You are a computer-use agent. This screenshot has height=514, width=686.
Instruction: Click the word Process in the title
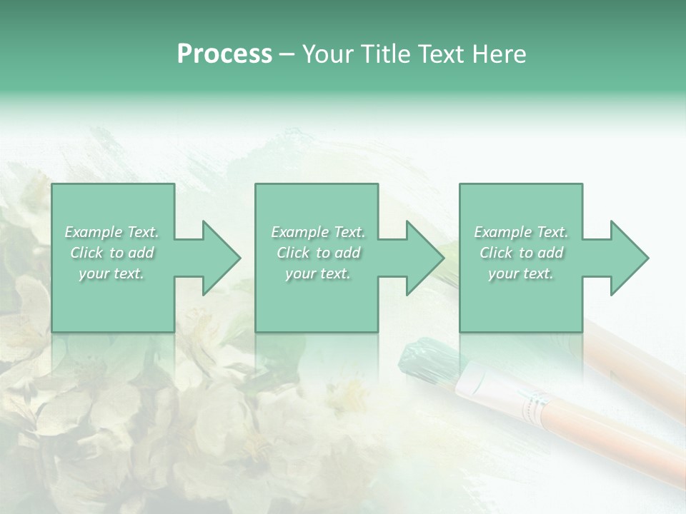click(224, 54)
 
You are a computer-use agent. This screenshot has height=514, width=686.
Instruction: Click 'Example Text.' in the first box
click(111, 232)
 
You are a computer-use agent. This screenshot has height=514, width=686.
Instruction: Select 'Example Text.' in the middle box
click(318, 232)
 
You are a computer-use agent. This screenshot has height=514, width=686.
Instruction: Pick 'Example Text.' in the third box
click(521, 232)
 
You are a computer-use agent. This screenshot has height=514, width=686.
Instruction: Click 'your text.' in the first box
click(111, 273)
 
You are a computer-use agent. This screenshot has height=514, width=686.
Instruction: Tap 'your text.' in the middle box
click(318, 273)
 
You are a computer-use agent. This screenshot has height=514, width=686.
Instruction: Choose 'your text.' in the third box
click(521, 273)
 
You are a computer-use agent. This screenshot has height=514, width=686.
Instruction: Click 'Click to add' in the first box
click(111, 253)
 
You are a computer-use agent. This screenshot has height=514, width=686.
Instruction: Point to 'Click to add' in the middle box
click(318, 253)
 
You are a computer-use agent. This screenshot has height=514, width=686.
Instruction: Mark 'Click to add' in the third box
click(521, 253)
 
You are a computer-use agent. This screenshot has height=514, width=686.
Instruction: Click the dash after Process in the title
click(287, 55)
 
